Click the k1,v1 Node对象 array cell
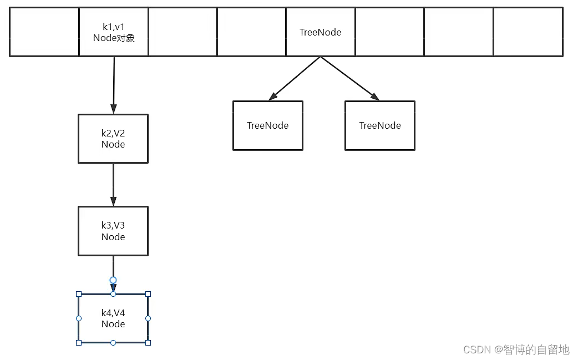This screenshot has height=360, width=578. (x=114, y=32)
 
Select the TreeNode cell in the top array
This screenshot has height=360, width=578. (x=320, y=32)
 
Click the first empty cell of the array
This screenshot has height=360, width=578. (x=44, y=32)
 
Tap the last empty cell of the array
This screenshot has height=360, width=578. (x=528, y=32)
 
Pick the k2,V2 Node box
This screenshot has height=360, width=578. (x=113, y=139)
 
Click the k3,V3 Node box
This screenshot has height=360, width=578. (x=113, y=231)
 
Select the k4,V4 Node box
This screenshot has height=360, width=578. (x=113, y=318)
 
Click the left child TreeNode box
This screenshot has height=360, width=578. (x=267, y=125)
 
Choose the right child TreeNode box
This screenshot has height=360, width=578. (x=379, y=125)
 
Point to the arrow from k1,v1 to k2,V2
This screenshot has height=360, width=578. (x=114, y=83)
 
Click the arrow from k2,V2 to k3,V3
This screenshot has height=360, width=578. (x=113, y=184)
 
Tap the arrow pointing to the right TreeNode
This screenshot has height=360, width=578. (x=349, y=78)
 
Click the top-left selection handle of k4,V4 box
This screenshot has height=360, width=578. (x=79, y=294)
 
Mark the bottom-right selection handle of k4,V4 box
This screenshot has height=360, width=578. (x=148, y=343)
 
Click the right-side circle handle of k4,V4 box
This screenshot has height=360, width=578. (x=148, y=318)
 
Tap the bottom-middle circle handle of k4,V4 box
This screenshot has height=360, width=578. (x=113, y=343)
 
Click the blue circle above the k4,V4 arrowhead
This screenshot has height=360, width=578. (x=113, y=280)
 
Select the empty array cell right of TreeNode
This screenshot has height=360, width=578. (x=389, y=32)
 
